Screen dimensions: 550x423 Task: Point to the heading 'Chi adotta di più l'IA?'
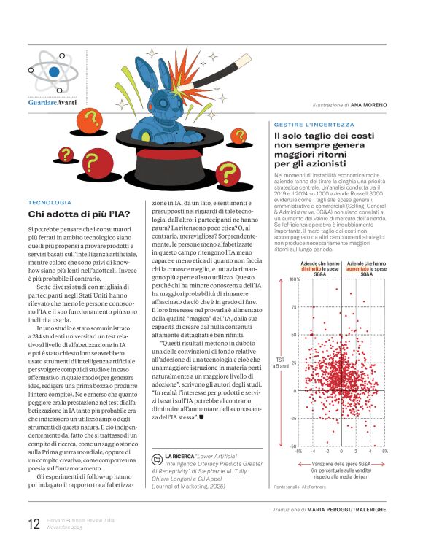pyautogui.click(x=79, y=214)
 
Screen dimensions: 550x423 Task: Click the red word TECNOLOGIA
pyautogui.click(x=50, y=201)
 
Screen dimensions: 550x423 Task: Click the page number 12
pyautogui.click(x=34, y=524)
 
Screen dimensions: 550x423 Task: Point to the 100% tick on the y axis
pyautogui.click(x=293, y=259)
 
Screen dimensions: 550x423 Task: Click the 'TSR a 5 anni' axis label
pyautogui.click(x=281, y=362)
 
